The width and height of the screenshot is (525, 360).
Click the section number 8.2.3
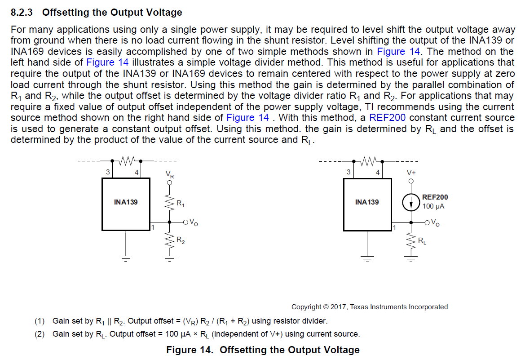[23, 13]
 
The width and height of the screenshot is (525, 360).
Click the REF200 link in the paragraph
[387, 118]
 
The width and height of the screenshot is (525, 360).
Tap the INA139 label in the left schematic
[126, 202]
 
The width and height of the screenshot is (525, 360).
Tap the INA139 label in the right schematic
[366, 202]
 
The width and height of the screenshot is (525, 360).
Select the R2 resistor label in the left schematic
[181, 241]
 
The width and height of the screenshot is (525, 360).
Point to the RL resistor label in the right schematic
[422, 241]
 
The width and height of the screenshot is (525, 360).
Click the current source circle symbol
[410, 203]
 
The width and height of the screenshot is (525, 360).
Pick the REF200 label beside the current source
[435, 197]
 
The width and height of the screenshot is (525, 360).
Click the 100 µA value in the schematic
[433, 206]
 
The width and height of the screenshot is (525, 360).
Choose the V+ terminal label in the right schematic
[411, 173]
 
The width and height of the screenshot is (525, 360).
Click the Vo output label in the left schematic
[193, 222]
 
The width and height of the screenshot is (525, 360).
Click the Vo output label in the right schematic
[435, 222]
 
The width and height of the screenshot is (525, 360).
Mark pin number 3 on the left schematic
[108, 172]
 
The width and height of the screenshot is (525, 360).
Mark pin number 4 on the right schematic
[378, 172]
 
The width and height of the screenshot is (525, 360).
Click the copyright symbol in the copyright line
[326, 307]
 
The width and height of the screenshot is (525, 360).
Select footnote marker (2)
[40, 334]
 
